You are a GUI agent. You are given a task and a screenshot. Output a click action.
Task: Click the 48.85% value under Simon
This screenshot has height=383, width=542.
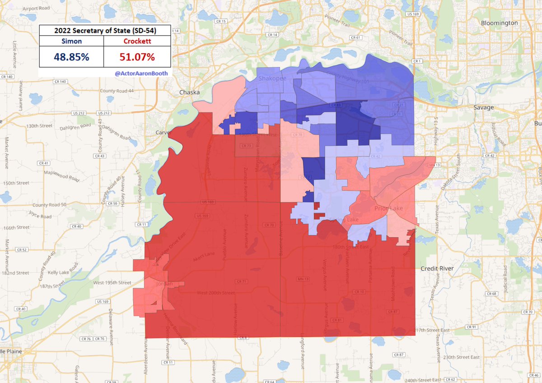coord(71,57)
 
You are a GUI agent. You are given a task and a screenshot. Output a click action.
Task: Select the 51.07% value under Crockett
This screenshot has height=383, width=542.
coord(137,57)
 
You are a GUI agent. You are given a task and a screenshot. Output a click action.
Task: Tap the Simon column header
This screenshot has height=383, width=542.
coord(71,41)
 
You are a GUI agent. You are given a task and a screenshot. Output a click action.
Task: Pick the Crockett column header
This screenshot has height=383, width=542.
coord(137,41)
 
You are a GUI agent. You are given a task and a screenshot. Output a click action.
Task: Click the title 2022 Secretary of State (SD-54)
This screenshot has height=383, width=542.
coord(105,30)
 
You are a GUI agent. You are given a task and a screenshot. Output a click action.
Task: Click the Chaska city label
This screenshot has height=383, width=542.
coord(189,92)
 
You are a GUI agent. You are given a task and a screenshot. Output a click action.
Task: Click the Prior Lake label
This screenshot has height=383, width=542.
coord(388,208)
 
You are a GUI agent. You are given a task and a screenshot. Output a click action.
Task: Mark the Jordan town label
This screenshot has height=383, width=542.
coord(164,284)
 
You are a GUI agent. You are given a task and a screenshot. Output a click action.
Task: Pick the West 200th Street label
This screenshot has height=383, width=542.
coord(215,293)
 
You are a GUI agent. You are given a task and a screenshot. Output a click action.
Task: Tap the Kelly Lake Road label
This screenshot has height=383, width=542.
coord(58,273)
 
